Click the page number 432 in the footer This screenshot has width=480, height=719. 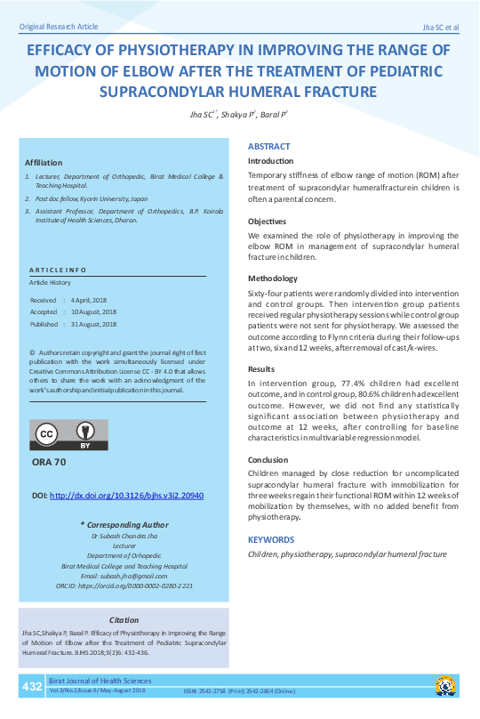pos(32,687)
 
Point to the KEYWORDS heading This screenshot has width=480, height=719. pos(271,539)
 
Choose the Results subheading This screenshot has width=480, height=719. pos(260,368)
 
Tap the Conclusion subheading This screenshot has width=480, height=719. pos(268,460)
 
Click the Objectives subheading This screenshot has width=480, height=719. pos(267,221)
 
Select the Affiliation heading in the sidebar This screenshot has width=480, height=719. pos(44,163)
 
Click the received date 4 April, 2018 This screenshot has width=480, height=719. pos(93,301)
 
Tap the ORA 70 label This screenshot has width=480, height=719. pos(49,463)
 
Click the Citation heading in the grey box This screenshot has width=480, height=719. pos(124,619)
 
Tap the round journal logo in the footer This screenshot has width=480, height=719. pos(446,686)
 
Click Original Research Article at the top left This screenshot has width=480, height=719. pos(59,28)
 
